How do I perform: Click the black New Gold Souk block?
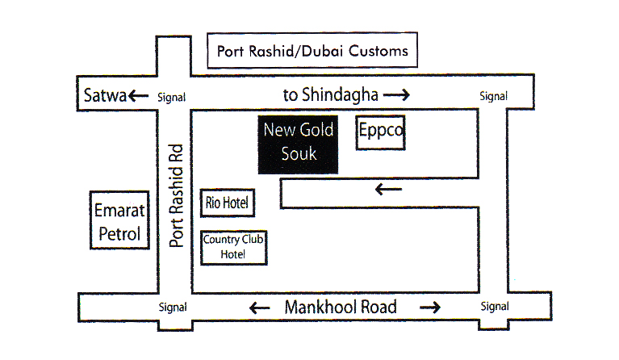pos(298,144)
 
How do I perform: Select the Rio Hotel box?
pos(228,202)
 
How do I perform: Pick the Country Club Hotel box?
pos(233,246)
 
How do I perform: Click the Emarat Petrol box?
pos(119,223)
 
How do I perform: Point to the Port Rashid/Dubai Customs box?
pos(312,51)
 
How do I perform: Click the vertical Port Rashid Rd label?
pos(176,195)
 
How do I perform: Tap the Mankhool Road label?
pos(341,307)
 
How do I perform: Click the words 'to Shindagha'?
pos(331,94)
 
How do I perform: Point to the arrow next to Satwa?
pos(138,96)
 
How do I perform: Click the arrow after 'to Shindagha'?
pos(396,95)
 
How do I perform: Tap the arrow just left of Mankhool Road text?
pos(259,308)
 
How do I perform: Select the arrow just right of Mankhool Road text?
pos(429,307)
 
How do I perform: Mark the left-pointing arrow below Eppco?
pos(389,190)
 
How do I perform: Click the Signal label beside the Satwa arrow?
pos(171,97)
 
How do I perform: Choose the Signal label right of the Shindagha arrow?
pos(493,96)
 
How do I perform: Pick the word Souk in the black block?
pos(298,153)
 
